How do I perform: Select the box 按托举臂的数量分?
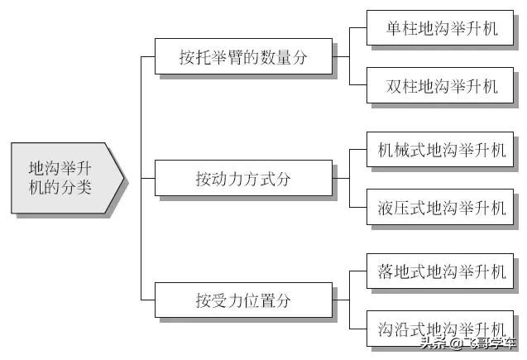243,57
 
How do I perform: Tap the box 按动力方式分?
243,178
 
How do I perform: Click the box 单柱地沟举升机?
440,30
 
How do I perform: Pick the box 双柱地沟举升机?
440,85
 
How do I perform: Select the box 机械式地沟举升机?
440,151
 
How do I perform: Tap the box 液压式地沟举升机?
440,206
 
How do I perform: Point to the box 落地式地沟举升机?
440,271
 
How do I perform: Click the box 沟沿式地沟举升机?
440,326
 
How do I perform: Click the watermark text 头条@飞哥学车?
467,343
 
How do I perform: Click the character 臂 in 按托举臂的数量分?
235,58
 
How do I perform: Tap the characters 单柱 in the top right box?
401,30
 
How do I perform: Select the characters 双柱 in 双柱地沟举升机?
401,85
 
